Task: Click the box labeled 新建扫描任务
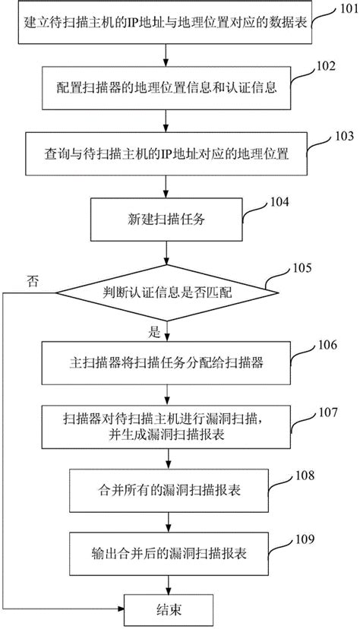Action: coord(166,219)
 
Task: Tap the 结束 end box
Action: coord(166,608)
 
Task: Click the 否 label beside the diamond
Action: coord(33,280)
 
